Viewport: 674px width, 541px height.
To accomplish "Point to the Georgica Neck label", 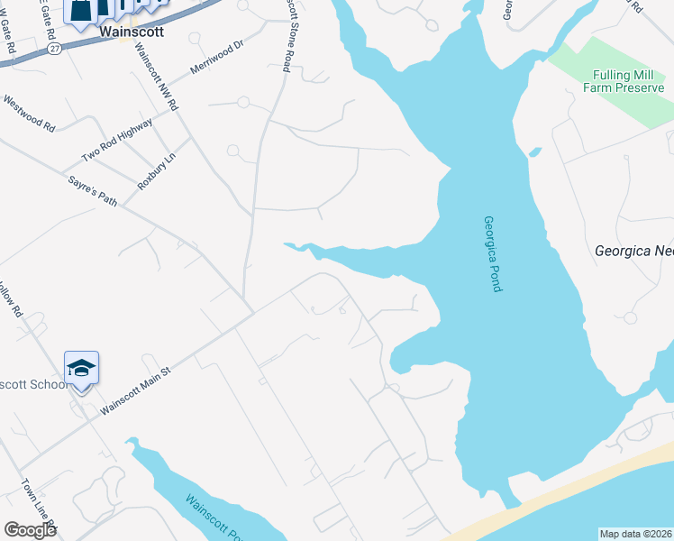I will tap(634, 252).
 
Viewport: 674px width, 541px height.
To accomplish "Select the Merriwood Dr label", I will tap(217, 57).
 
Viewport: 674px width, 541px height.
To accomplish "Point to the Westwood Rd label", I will tap(30, 115).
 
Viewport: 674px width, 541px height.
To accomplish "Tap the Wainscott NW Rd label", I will tap(157, 78).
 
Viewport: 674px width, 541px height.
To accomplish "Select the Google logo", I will tap(30, 529).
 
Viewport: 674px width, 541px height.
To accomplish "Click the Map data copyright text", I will tap(634, 534).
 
